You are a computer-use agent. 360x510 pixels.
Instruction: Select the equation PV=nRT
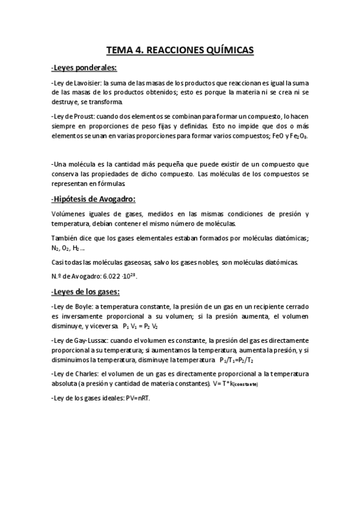point(135,398)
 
